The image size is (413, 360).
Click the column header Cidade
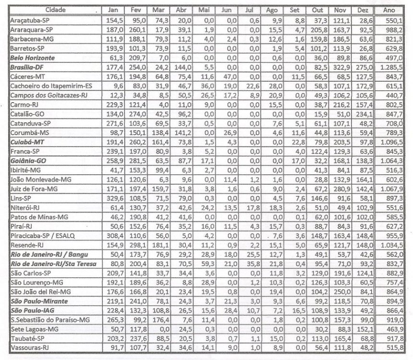point(56,10)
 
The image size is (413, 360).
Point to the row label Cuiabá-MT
point(29,143)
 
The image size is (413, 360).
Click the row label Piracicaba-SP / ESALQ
point(43,235)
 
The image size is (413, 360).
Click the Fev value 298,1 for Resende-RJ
point(136,245)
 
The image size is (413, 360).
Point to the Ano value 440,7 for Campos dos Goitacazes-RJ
point(395,96)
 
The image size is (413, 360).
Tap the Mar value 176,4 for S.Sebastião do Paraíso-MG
point(158,319)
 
